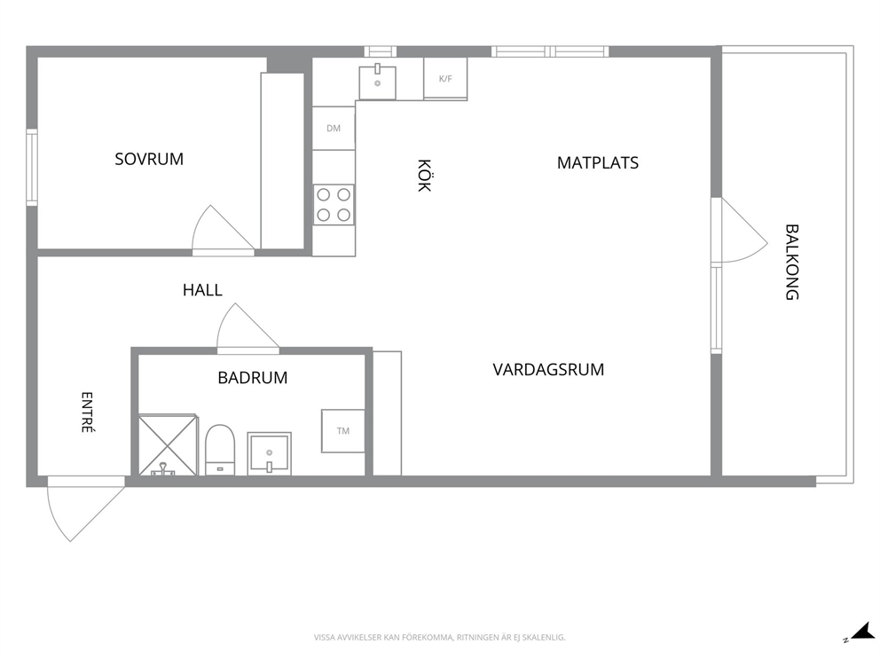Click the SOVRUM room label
pyautogui.click(x=149, y=160)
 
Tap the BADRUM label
pyautogui.click(x=253, y=378)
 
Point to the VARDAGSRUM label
pyautogui.click(x=548, y=370)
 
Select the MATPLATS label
pyautogui.click(x=598, y=162)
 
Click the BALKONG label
pyautogui.click(x=791, y=262)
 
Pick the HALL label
pyautogui.click(x=202, y=290)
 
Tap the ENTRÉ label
pyautogui.click(x=87, y=412)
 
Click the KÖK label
pyautogui.click(x=424, y=175)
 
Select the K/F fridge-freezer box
pyautogui.click(x=445, y=79)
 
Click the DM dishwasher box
pyautogui.click(x=334, y=128)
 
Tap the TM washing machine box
pyautogui.click(x=343, y=431)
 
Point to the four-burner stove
pyautogui.click(x=334, y=205)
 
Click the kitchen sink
pyautogui.click(x=378, y=82)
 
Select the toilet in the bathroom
pyautogui.click(x=220, y=450)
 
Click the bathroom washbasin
pyautogui.click(x=270, y=453)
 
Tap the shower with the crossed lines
pyautogui.click(x=168, y=445)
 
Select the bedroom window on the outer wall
pyautogui.click(x=32, y=168)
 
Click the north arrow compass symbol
pyautogui.click(x=860, y=632)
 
